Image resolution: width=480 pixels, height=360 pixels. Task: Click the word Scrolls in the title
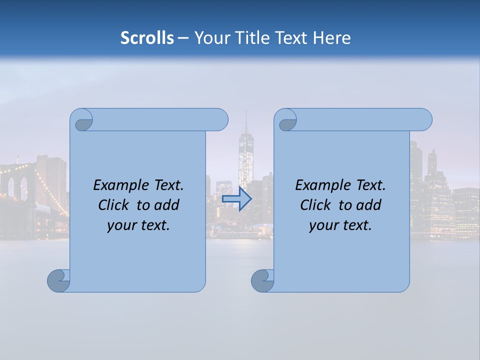coord(147,37)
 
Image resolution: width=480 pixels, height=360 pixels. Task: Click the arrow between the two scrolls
coord(236,199)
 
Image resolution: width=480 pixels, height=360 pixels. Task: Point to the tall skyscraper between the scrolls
coord(245,155)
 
